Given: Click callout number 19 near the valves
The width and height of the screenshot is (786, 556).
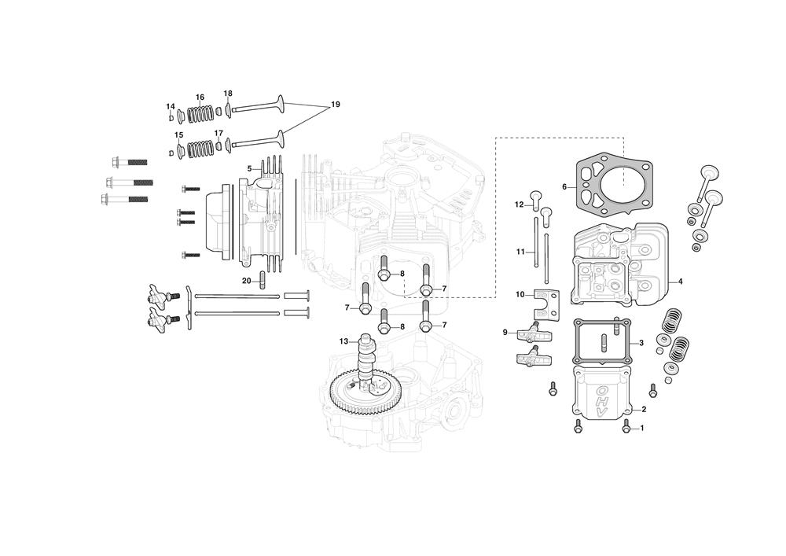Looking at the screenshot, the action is coord(336,105).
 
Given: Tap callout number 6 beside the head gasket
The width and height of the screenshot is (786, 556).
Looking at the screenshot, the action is coord(564,187).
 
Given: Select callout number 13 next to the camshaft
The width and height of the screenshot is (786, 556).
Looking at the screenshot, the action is coord(343,341).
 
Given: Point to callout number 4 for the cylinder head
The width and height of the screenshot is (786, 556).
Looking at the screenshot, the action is coord(680,282).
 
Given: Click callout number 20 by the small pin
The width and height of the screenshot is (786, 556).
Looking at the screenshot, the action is coord(247,281).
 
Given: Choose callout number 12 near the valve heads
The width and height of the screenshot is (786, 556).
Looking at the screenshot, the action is coord(520,204).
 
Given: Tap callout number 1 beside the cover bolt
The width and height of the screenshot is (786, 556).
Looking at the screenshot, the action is coord(642,428).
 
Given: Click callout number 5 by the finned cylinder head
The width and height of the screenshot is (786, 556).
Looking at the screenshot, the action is coord(249,168).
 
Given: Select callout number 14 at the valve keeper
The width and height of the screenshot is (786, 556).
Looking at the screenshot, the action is coord(171,106).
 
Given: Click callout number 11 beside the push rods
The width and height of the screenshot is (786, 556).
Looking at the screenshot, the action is coord(520,252).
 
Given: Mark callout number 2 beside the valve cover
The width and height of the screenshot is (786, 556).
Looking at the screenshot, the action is coord(644,410).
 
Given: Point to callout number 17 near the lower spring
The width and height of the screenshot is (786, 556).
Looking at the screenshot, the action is coord(219,133).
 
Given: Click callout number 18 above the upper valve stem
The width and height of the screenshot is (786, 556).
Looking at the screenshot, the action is coord(228,94).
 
